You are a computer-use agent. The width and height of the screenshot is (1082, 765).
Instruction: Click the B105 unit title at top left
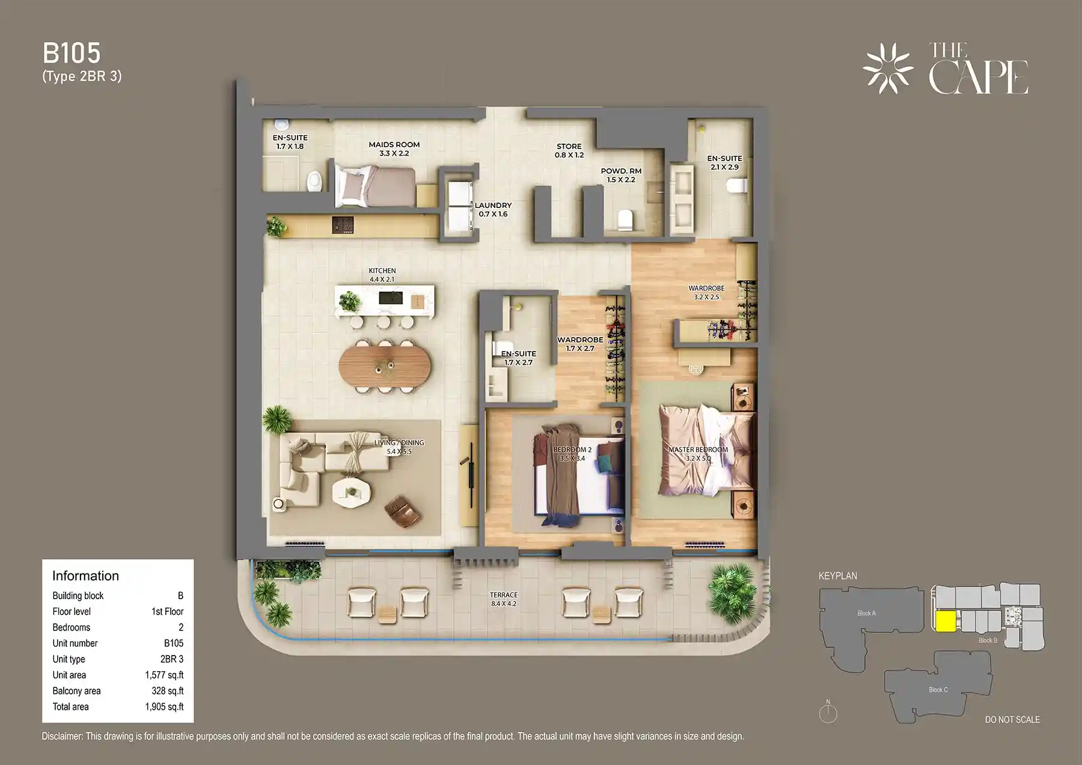click(72, 53)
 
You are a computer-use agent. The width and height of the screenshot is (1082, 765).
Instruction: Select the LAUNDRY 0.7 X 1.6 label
click(493, 209)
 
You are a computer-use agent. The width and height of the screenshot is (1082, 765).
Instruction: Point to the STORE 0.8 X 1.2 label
click(569, 150)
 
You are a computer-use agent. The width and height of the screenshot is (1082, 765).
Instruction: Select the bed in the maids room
click(376, 186)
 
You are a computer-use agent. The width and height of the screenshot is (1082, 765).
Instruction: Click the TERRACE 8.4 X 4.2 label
click(503, 599)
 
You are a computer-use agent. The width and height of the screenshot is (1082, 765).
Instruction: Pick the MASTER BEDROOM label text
click(698, 450)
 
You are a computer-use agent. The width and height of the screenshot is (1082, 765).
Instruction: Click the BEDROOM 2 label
click(572, 450)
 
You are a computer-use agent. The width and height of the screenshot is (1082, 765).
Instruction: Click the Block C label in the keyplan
click(938, 689)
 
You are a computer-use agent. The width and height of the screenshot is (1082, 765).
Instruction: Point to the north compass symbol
click(828, 713)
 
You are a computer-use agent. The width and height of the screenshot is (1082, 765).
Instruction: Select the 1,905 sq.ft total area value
click(164, 707)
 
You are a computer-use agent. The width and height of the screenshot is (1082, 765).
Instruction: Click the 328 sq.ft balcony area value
click(167, 691)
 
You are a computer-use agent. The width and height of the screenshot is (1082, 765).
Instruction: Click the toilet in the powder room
click(626, 219)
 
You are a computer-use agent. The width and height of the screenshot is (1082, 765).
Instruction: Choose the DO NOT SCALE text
click(1012, 719)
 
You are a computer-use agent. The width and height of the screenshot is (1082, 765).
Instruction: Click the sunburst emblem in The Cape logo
click(887, 69)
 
